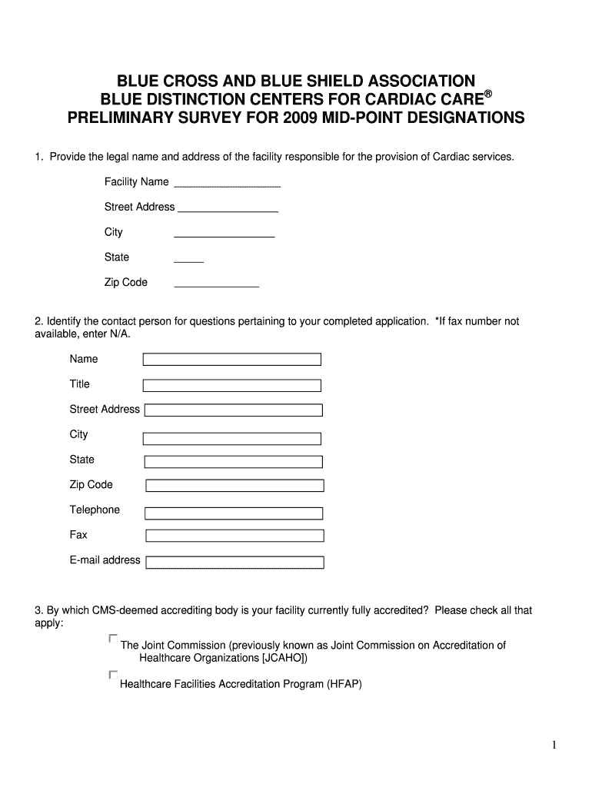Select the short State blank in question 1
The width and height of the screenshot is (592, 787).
click(188, 261)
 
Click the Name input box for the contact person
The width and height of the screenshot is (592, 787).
click(232, 360)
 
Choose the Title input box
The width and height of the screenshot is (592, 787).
click(232, 385)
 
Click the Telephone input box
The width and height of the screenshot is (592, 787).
click(234, 512)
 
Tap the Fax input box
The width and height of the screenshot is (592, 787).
click(234, 536)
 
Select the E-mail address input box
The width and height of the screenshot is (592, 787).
click(234, 562)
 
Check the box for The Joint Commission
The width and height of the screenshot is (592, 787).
click(114, 639)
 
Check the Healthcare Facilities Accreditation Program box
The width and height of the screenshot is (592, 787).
click(114, 676)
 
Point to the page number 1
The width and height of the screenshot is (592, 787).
click(554, 745)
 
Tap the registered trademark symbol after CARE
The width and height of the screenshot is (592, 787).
click(487, 94)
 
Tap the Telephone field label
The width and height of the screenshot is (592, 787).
click(95, 510)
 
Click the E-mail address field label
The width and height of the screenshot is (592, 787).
click(105, 560)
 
